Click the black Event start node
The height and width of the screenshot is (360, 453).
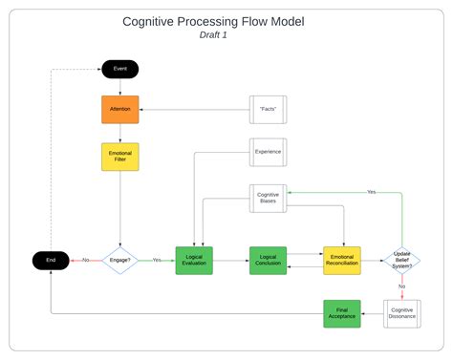click(x=120, y=69)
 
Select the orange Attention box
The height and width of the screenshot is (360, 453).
click(x=120, y=110)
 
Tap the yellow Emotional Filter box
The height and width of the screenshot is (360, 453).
click(x=120, y=157)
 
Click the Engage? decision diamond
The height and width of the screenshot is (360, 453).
click(x=120, y=260)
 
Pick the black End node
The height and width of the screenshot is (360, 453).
click(x=51, y=260)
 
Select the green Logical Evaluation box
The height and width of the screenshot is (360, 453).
click(x=194, y=260)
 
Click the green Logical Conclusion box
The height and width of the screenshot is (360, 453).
click(x=268, y=260)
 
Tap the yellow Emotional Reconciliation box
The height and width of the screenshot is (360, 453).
click(x=341, y=260)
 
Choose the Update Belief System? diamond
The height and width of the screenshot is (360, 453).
click(x=402, y=260)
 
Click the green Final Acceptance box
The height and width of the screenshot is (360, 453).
click(x=341, y=312)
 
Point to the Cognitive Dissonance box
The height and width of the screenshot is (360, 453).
click(x=402, y=312)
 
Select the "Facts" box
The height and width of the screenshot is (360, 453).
click(x=268, y=110)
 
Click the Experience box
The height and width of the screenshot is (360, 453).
click(x=268, y=152)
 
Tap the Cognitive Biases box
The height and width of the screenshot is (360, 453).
click(x=268, y=199)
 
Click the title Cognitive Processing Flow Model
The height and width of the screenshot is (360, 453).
click(x=214, y=21)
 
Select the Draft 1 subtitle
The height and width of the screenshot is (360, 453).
click(x=214, y=35)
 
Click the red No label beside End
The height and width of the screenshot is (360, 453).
click(x=85, y=260)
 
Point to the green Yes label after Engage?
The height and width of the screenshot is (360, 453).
click(x=157, y=260)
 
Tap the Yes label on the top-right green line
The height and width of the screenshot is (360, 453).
click(x=371, y=192)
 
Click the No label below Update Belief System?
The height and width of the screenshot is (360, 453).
click(x=402, y=286)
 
